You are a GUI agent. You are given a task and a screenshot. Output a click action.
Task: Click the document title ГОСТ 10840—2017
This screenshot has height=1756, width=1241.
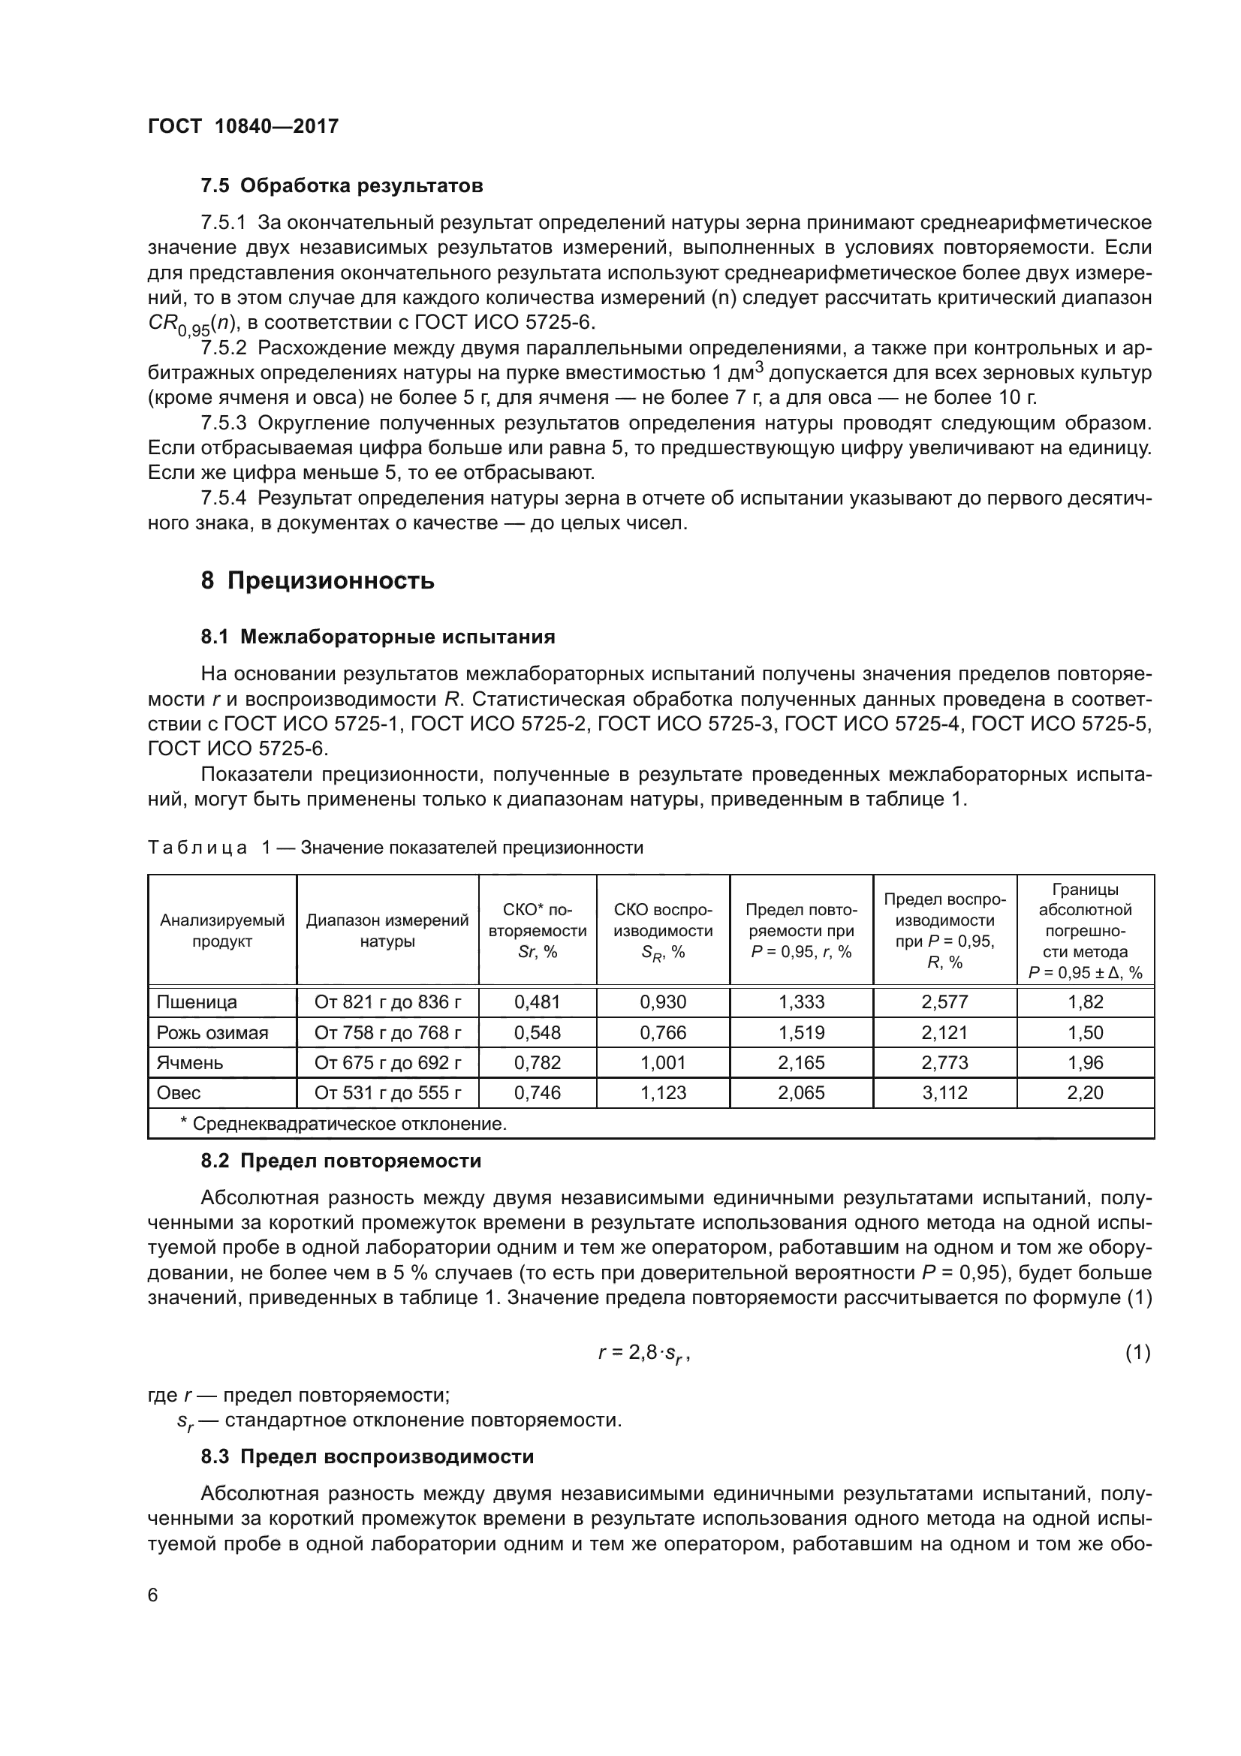point(242,127)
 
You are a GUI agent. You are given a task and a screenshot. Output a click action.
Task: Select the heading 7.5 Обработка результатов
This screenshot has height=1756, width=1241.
point(342,186)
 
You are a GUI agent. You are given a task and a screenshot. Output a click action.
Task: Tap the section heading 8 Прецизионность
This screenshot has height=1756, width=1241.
point(318,581)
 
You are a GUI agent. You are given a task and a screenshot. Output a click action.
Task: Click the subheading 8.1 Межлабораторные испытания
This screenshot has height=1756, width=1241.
point(378,637)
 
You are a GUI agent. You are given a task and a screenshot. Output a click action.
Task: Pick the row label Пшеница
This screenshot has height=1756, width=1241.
point(197,1002)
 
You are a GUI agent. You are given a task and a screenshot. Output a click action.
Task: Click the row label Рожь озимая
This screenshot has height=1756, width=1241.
point(212,1032)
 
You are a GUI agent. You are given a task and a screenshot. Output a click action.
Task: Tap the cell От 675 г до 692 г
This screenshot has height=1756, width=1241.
point(387,1062)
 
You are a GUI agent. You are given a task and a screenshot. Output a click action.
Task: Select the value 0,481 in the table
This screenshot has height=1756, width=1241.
point(537,1002)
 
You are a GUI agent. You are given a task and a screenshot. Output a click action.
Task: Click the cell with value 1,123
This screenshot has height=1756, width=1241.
point(663,1092)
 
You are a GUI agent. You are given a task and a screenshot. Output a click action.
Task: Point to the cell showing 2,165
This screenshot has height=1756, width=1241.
point(801,1062)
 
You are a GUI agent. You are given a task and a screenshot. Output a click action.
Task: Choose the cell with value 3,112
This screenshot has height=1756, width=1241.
point(944,1092)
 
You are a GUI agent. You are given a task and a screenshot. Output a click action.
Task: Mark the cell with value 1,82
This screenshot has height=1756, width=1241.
point(1085,1002)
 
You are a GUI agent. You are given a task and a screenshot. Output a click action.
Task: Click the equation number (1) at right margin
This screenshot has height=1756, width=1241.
point(1137,1352)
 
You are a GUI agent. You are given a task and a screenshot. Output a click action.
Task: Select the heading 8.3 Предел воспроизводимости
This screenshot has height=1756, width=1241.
point(367,1456)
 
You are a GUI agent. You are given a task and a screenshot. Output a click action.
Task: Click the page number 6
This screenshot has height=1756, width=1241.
point(153,1595)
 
